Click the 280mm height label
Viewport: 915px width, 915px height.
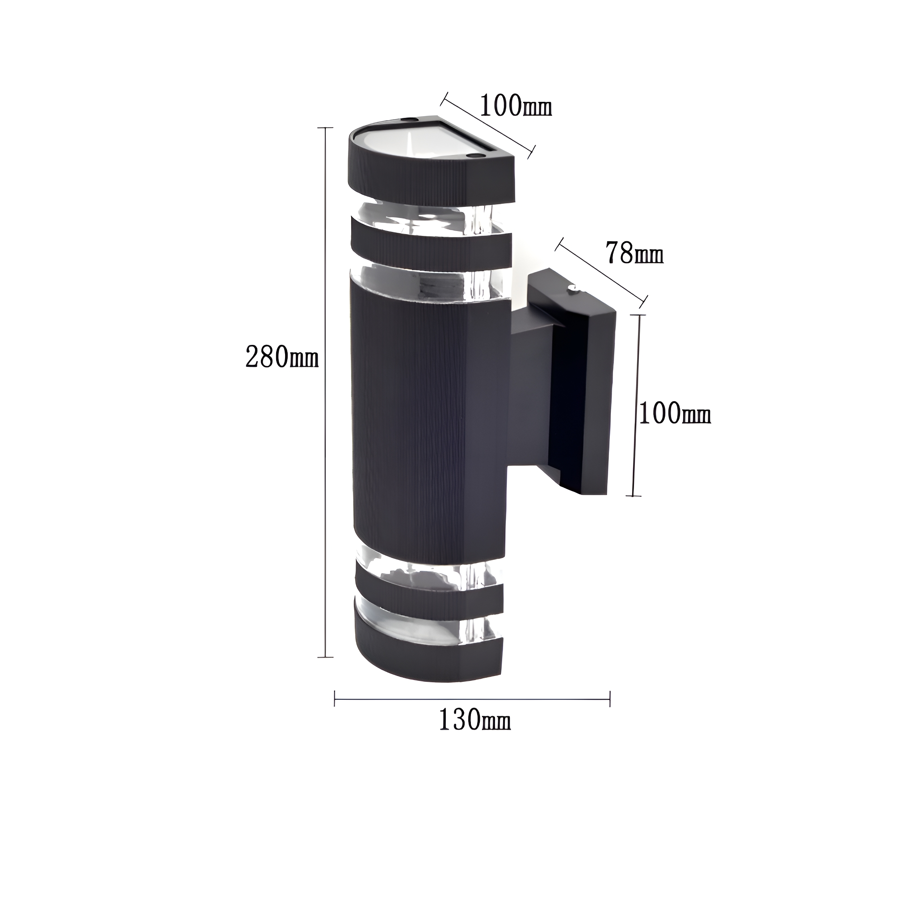[x=282, y=357]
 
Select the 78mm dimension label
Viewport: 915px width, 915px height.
[x=634, y=254]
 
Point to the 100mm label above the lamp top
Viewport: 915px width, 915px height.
[x=516, y=105]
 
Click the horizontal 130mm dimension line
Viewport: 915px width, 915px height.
[x=472, y=699]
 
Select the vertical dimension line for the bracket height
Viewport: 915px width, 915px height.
[x=637, y=405]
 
